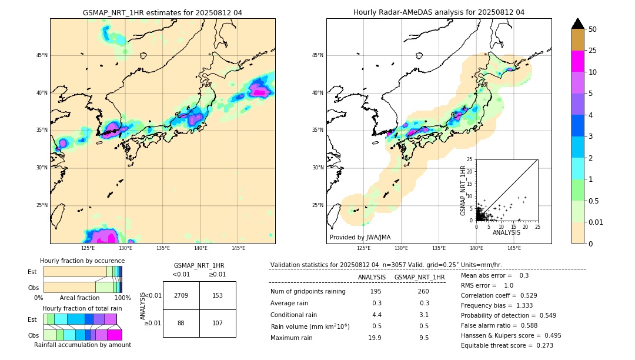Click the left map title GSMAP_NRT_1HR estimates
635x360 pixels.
[x=162, y=12]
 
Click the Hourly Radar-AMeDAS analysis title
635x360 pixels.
[x=439, y=12]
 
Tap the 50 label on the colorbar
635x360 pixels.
[x=593, y=29]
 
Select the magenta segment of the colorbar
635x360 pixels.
[x=577, y=61]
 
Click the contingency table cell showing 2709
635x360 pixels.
[x=181, y=295]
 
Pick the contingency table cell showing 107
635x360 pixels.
[x=218, y=323]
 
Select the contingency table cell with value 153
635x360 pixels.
[x=218, y=295]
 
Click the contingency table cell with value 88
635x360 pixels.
[x=181, y=323]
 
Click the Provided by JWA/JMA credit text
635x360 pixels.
[x=360, y=238]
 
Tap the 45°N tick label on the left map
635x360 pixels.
[x=42, y=55]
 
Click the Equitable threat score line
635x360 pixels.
[x=507, y=345]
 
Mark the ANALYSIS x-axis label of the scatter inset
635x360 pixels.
[x=506, y=232]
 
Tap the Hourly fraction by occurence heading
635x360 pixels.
[x=82, y=261]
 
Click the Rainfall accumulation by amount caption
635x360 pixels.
[x=82, y=345]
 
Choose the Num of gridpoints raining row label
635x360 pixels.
[x=308, y=292]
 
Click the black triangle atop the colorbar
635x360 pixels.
[x=577, y=24]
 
